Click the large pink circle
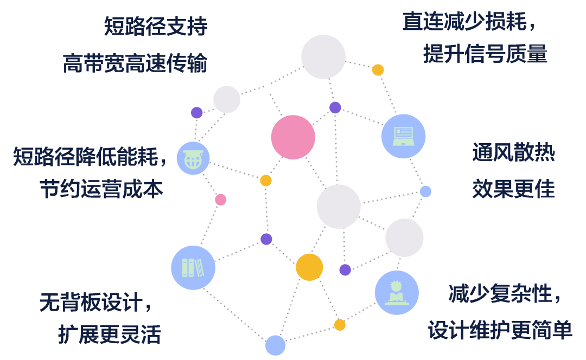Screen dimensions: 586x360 [293, 137]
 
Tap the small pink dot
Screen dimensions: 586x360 [220, 200]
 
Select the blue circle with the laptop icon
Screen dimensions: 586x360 [403, 136]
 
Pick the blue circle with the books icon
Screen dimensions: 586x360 [193, 267]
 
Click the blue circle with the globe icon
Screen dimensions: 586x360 [193, 158]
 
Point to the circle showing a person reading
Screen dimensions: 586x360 [397, 293]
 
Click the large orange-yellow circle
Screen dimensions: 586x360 [309, 267]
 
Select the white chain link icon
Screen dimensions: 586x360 [359, 65]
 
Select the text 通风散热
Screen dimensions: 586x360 [513, 153]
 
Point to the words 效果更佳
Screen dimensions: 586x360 [513, 190]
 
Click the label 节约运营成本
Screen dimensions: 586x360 [101, 190]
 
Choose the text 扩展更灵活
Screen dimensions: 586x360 [110, 335]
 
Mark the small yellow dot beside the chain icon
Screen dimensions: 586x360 [378, 70]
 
